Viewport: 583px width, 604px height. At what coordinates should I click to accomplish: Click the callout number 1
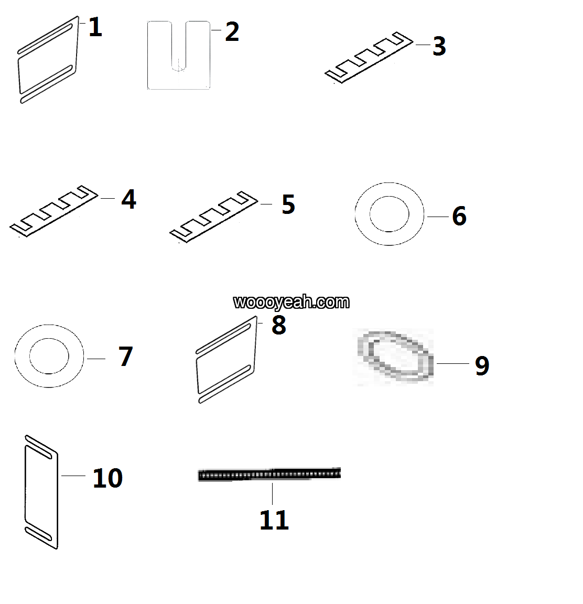coord(95,27)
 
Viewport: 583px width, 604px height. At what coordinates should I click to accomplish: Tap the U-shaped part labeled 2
coord(179,55)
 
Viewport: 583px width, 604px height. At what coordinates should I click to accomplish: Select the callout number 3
coord(439,46)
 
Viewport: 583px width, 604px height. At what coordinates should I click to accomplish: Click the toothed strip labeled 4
coord(53,211)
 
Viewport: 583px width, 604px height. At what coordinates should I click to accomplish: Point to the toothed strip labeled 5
coord(214,217)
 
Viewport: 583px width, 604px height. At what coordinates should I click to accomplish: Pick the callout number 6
coord(459,216)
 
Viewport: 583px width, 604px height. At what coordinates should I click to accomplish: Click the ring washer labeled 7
coord(49,356)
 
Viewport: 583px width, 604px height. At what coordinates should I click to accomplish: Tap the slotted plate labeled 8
coord(226,360)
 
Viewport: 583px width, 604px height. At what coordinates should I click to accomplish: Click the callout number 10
coord(107,478)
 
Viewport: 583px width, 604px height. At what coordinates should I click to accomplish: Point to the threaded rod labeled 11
coord(269,474)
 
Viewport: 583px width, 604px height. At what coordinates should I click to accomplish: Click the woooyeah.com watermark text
coord(291,302)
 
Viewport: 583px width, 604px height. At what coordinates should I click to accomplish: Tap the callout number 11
coord(274,521)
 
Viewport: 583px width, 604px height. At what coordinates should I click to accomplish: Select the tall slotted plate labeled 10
coord(41,492)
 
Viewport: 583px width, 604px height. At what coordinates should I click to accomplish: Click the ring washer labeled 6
coord(390,214)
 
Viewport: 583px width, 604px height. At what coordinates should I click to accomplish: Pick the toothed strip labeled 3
coord(369,57)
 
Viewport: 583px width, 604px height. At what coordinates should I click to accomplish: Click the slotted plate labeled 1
coord(48,60)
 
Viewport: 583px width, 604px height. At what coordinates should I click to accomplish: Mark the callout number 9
coord(482,365)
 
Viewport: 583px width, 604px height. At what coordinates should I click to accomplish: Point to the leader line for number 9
coord(453,363)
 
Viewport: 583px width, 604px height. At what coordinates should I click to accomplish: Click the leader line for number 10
coord(73,476)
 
